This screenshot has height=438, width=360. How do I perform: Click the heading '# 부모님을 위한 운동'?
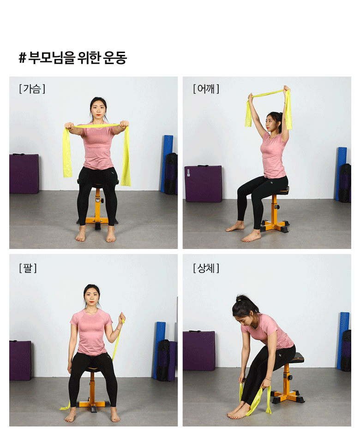(x=73, y=58)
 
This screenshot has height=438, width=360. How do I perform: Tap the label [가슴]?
(x=32, y=89)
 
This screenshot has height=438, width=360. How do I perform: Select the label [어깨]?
(x=206, y=89)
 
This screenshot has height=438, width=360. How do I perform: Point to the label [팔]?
(x=28, y=268)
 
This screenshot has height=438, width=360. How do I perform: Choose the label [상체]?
(x=206, y=268)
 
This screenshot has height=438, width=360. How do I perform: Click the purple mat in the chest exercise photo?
(x=24, y=173)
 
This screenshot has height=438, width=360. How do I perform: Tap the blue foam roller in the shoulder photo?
(x=341, y=173)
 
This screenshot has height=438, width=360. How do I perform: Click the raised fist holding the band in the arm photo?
(x=122, y=318)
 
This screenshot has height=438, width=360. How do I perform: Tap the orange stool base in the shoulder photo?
(x=275, y=224)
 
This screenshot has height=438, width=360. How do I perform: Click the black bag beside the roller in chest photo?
(x=171, y=173)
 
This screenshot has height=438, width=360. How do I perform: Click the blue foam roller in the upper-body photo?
(x=343, y=340)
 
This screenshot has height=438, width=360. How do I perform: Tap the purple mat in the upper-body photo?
(x=199, y=350)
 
